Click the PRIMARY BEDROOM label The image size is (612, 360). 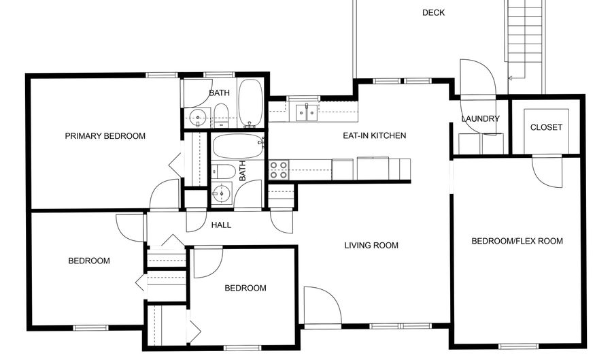(105, 136)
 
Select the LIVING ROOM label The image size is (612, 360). (371, 246)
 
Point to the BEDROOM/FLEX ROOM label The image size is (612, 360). (517, 241)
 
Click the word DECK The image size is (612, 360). (433, 12)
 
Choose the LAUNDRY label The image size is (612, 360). (480, 119)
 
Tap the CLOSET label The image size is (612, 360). (546, 127)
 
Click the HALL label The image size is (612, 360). (221, 225)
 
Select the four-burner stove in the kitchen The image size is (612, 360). (279, 169)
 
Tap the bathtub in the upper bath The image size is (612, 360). (250, 103)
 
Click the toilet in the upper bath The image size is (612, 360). (221, 117)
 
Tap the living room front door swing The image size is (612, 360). (322, 304)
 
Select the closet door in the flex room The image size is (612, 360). (547, 171)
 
